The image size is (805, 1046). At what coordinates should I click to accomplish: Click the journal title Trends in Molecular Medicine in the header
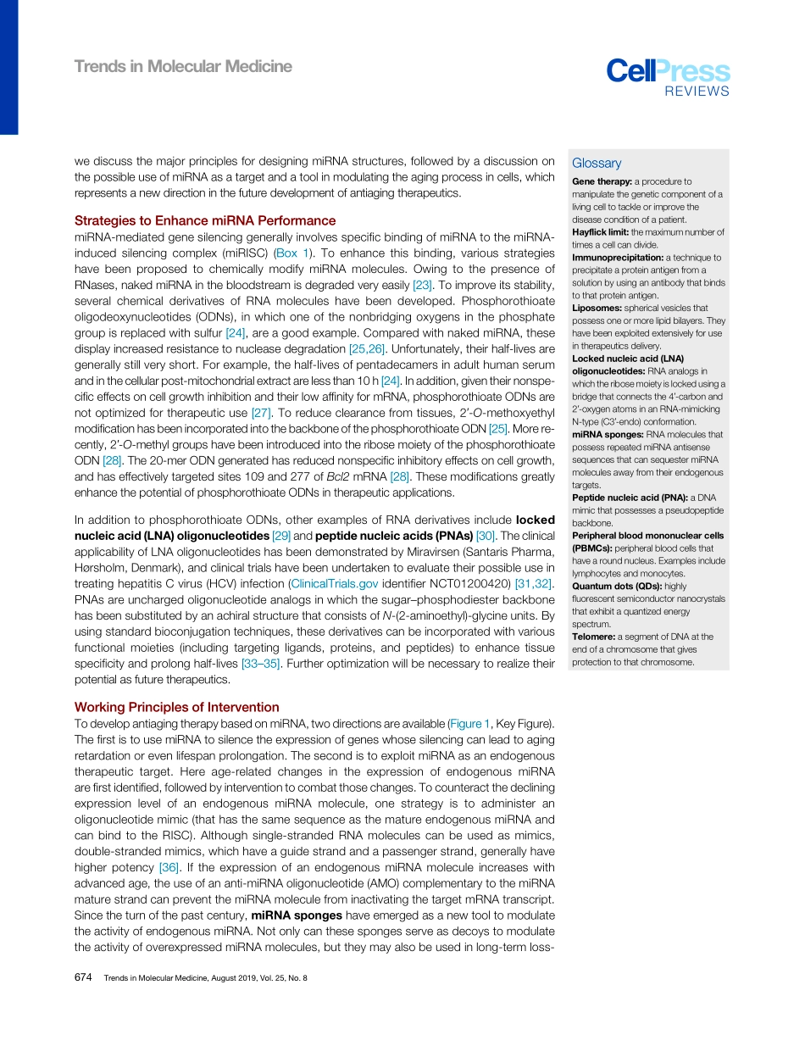coord(183,66)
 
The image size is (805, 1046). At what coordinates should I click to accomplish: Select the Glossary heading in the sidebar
coord(596,164)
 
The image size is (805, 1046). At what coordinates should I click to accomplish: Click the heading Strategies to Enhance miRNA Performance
coord(205,220)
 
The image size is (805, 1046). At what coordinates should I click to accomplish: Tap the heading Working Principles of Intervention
coord(176,707)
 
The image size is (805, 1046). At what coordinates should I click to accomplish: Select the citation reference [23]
coord(422,285)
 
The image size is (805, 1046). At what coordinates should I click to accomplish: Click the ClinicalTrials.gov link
coord(333,583)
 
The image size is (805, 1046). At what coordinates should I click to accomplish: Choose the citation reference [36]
coord(169,867)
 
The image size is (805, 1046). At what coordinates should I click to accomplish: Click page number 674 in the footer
coord(83,977)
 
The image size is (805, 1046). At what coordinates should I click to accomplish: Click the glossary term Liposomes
coord(597,309)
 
